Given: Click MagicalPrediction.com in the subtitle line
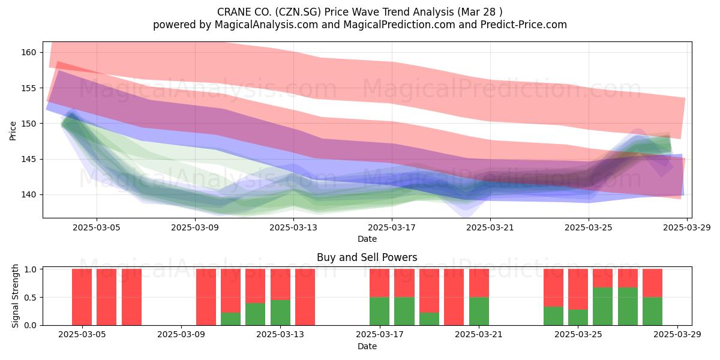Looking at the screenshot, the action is pos(399,25).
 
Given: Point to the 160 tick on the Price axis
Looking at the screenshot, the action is pos(29,52).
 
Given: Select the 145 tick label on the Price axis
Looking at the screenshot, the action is pos(29,159).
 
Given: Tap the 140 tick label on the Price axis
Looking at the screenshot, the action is pos(29,195).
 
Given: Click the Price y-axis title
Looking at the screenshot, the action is pos(13,131).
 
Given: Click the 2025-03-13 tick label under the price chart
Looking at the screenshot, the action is pos(293,227).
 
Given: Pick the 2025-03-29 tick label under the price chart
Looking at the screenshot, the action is pos(687,227).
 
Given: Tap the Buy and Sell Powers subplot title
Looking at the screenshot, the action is pos(367,257).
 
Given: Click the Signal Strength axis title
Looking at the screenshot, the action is pos(15,296).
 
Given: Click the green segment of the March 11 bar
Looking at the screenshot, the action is pos(230,319).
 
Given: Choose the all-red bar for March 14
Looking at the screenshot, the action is pos(305,297).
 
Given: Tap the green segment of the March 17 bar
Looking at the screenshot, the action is pos(379,311).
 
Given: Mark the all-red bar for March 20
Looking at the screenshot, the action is pos(454,297).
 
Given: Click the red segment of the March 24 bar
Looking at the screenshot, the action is pos(553,287).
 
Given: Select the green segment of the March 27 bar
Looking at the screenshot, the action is pos(628,307).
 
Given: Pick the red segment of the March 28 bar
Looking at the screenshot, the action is pos(653,283).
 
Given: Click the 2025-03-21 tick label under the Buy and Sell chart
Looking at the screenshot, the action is pos(479,334).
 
